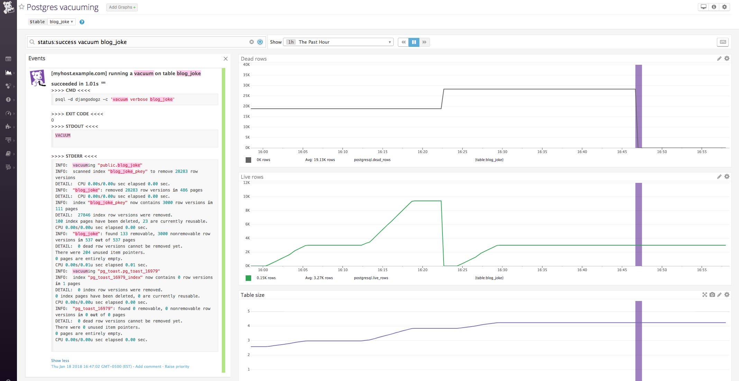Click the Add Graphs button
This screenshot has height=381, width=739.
(122, 7)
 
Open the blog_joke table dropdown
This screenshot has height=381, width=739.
(61, 22)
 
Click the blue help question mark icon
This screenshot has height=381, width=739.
(82, 22)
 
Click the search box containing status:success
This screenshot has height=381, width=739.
(142, 42)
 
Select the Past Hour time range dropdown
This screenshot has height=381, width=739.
(338, 42)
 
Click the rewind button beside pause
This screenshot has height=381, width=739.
(403, 42)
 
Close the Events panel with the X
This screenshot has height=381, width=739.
(226, 59)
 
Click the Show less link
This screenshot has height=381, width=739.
(60, 361)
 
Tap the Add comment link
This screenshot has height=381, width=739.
(148, 366)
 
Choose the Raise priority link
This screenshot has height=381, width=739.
(177, 366)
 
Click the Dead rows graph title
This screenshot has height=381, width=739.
(254, 59)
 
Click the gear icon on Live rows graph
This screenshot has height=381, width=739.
(727, 177)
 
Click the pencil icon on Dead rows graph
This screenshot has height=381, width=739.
(719, 59)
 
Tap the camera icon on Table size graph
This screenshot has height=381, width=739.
(712, 295)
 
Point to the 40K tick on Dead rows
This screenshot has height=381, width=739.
(246, 64)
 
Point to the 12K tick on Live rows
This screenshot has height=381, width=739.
(246, 183)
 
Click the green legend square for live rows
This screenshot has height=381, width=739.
(248, 278)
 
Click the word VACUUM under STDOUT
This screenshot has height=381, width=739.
(63, 135)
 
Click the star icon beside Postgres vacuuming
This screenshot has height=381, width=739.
(22, 7)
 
